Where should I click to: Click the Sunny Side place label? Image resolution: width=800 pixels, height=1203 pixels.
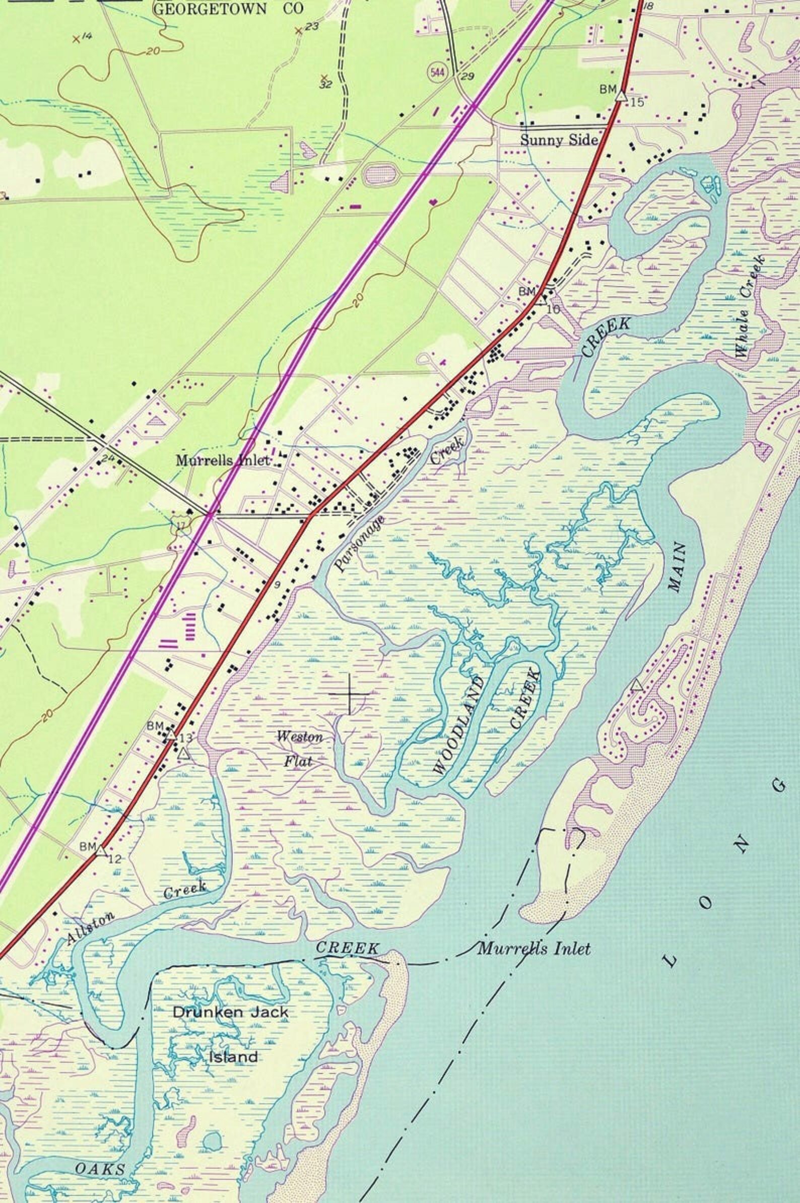click(x=559, y=140)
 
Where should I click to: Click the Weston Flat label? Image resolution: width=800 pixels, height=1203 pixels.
click(x=299, y=750)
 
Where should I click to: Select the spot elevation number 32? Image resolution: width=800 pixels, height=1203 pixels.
click(x=325, y=85)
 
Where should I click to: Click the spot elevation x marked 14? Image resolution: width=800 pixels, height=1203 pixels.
click(x=76, y=39)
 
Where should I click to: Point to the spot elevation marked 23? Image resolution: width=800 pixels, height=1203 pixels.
click(x=299, y=31)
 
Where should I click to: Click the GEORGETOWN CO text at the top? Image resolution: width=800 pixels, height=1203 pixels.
click(x=229, y=8)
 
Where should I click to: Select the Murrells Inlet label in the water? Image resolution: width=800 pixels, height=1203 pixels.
click(x=534, y=934)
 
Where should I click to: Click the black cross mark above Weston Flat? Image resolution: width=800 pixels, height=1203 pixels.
click(x=350, y=694)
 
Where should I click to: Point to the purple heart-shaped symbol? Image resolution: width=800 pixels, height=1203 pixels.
click(x=433, y=203)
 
